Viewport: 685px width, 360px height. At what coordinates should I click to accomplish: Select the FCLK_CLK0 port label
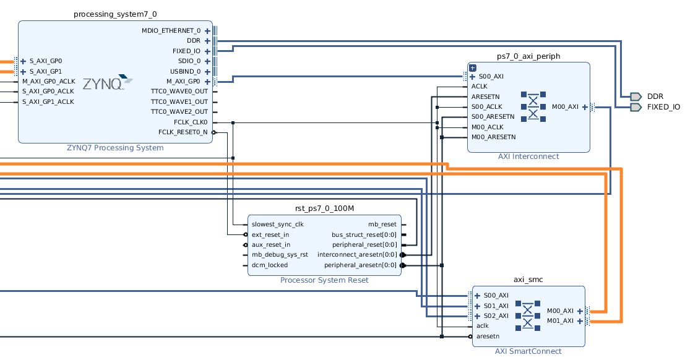191,122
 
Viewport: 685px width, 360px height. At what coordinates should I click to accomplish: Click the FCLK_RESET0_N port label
183,132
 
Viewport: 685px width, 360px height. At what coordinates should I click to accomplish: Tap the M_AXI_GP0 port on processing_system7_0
183,81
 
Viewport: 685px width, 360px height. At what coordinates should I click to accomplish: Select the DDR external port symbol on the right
635,96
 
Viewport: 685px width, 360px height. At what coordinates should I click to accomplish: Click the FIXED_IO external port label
663,107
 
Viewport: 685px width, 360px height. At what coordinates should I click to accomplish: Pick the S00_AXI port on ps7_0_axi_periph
491,77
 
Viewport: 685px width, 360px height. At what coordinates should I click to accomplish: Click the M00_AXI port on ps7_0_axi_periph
565,106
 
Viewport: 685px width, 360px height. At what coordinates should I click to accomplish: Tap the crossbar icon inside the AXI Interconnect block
533,106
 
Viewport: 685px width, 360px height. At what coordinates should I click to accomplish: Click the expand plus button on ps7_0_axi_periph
472,67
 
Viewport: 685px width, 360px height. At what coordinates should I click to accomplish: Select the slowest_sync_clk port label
277,224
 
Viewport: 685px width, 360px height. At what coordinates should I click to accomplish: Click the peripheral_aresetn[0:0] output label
360,265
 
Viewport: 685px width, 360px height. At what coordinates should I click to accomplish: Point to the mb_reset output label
382,224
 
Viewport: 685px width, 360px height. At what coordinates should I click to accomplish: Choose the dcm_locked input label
269,265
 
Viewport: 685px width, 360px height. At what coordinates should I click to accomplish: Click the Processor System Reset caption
324,280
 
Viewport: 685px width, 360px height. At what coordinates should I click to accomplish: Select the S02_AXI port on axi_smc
496,315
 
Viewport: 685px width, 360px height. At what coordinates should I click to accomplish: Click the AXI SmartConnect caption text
528,351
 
